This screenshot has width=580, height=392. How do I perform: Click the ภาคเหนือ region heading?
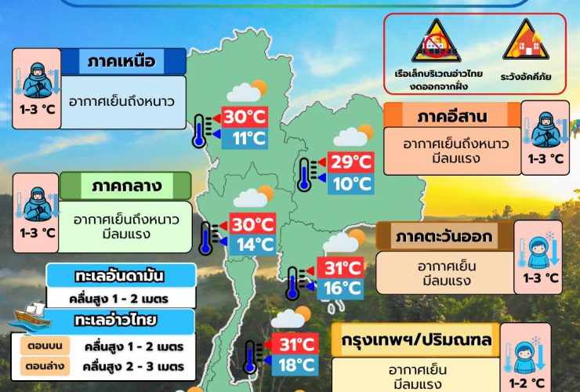[121, 61]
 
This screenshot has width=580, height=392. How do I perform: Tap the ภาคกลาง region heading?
[126, 186]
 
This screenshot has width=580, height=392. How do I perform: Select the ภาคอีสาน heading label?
[452, 118]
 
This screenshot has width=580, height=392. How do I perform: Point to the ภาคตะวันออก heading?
[444, 236]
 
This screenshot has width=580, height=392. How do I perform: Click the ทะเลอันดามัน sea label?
[122, 276]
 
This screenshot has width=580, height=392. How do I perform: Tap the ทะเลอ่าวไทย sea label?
[115, 320]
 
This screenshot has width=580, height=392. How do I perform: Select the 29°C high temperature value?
[350, 162]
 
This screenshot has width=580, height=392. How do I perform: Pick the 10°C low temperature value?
[350, 184]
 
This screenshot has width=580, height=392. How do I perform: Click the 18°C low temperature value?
[297, 365]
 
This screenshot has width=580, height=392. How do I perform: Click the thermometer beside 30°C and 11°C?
[201, 130]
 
